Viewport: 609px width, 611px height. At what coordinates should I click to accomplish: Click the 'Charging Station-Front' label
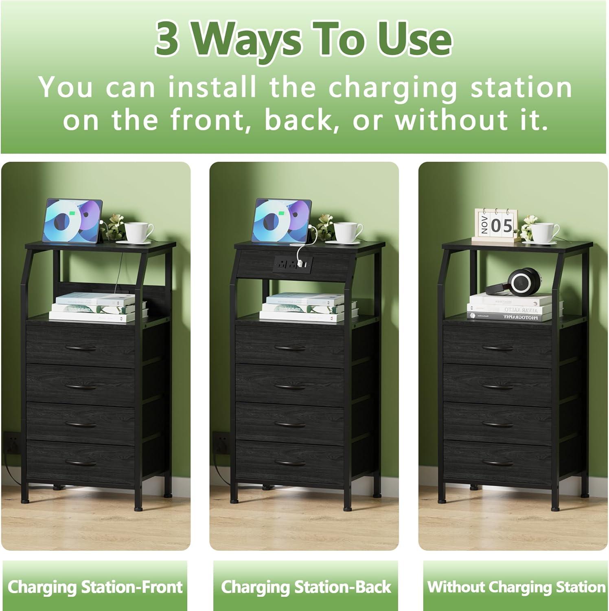(x=95, y=587)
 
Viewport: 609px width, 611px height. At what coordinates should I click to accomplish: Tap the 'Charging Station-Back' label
(x=305, y=587)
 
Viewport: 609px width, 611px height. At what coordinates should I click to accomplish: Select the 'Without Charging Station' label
(x=516, y=587)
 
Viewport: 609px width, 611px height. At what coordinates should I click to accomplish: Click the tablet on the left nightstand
(x=73, y=221)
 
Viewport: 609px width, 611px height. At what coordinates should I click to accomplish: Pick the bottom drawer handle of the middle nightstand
(x=290, y=462)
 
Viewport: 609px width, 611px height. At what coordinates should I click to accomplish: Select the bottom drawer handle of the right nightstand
(x=497, y=462)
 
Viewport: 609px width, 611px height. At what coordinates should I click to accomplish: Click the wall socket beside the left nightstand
(x=12, y=441)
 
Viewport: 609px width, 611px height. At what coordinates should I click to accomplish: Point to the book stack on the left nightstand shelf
(x=98, y=308)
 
